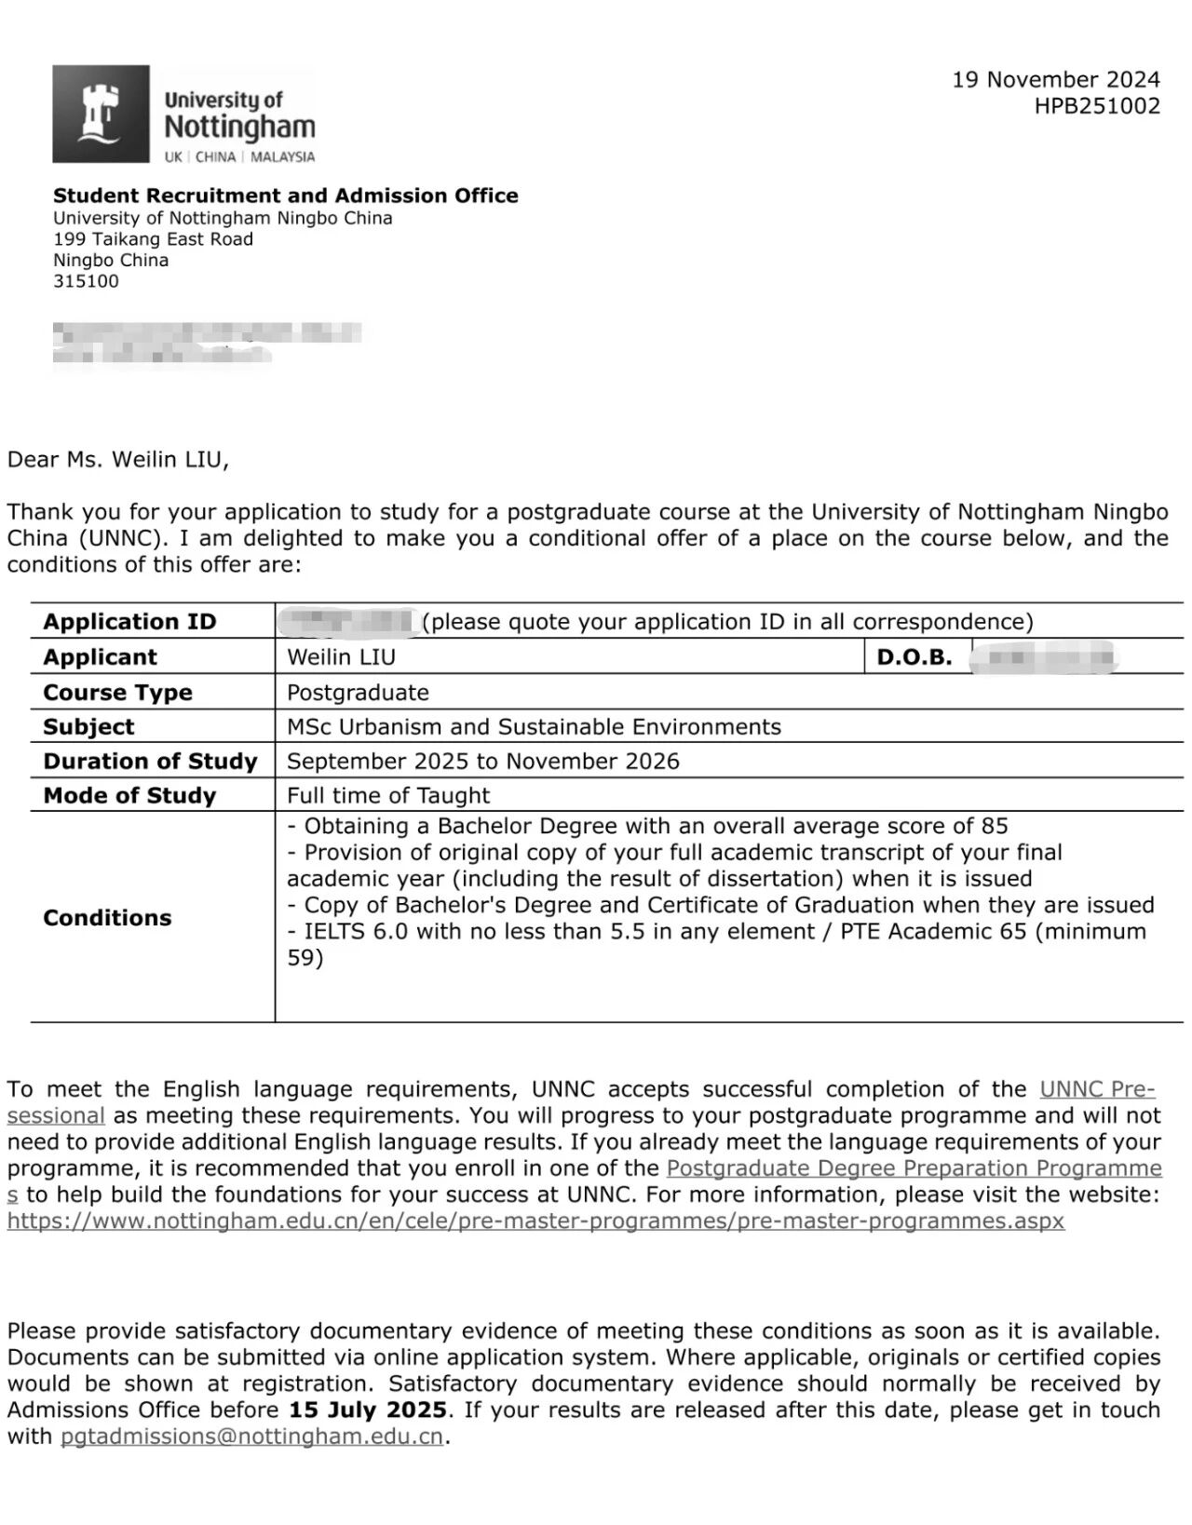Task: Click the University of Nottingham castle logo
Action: [101, 114]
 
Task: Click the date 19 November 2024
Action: [1055, 80]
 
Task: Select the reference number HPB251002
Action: [1097, 106]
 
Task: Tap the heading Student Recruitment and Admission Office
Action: [285, 196]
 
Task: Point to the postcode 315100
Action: [86, 281]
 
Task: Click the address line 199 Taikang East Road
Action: [153, 239]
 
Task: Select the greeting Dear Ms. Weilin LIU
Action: [117, 459]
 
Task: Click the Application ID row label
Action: [129, 622]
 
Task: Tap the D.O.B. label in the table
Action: [914, 657]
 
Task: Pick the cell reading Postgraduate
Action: [358, 693]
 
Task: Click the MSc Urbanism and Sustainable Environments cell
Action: [534, 727]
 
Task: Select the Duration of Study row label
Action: [150, 762]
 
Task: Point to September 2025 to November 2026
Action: [482, 762]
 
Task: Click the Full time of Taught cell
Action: [387, 796]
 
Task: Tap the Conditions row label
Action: [107, 918]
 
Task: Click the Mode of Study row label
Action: [129, 796]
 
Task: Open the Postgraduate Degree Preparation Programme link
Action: [914, 1168]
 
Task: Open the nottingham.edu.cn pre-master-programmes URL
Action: [535, 1221]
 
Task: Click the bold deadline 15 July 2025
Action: [367, 1410]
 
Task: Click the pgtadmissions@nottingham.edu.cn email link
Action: [251, 1437]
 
